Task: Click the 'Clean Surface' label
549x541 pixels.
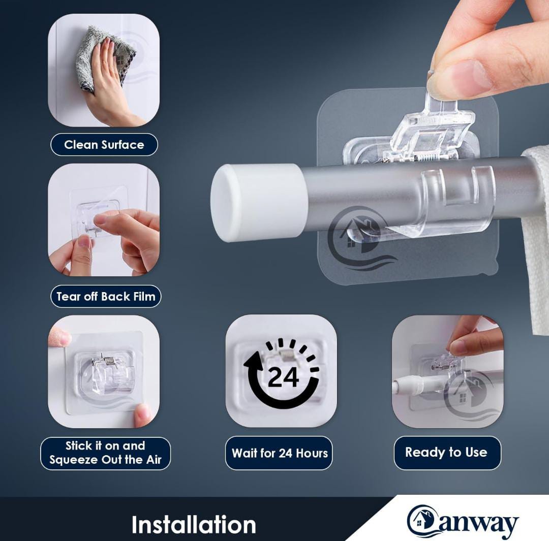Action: pyautogui.click(x=104, y=145)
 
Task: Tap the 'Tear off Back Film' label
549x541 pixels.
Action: pyautogui.click(x=106, y=297)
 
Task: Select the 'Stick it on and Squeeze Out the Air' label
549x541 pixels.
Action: pyautogui.click(x=105, y=453)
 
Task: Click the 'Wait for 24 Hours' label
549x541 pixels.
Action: pyautogui.click(x=280, y=453)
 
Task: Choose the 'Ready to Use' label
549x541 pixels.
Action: pyautogui.click(x=446, y=453)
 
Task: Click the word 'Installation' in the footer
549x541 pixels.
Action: pyautogui.click(x=194, y=525)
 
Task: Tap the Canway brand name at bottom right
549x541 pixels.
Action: pyautogui.click(x=463, y=521)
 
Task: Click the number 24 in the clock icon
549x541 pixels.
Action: pyautogui.click(x=284, y=377)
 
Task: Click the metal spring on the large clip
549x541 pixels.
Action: pyautogui.click(x=429, y=156)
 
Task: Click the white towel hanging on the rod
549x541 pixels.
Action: pyautogui.click(x=536, y=238)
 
